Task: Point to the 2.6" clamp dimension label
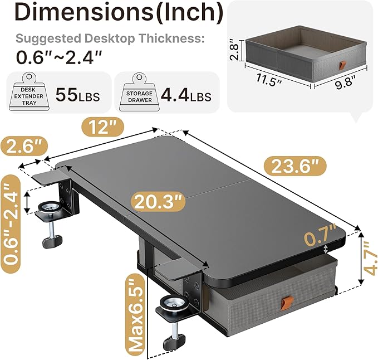[22, 148]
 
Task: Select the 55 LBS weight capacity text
[78, 96]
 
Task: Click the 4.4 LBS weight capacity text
[185, 96]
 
